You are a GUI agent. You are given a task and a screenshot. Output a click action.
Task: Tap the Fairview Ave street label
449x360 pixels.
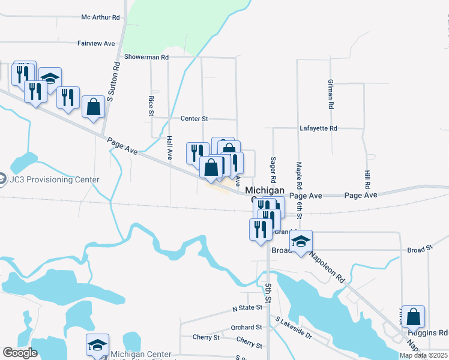click(96, 44)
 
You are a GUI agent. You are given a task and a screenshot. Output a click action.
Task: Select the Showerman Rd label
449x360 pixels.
click(146, 57)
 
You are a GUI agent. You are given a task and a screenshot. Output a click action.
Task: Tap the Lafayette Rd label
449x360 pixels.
click(319, 128)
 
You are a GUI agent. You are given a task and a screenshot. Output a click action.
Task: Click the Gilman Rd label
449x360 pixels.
click(330, 94)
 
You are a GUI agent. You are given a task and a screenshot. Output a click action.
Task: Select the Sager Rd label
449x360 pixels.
click(273, 170)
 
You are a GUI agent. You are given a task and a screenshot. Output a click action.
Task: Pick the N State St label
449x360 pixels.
click(248, 308)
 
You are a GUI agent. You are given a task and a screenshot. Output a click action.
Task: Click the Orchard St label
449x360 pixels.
click(247, 328)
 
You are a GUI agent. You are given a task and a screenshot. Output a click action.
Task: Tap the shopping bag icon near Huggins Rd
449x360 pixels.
click(413, 316)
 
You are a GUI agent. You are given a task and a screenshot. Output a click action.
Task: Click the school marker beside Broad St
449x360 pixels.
click(301, 241)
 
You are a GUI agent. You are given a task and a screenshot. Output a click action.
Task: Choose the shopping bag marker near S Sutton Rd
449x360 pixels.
click(93, 107)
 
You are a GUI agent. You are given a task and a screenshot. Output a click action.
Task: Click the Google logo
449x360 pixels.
click(20, 353)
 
